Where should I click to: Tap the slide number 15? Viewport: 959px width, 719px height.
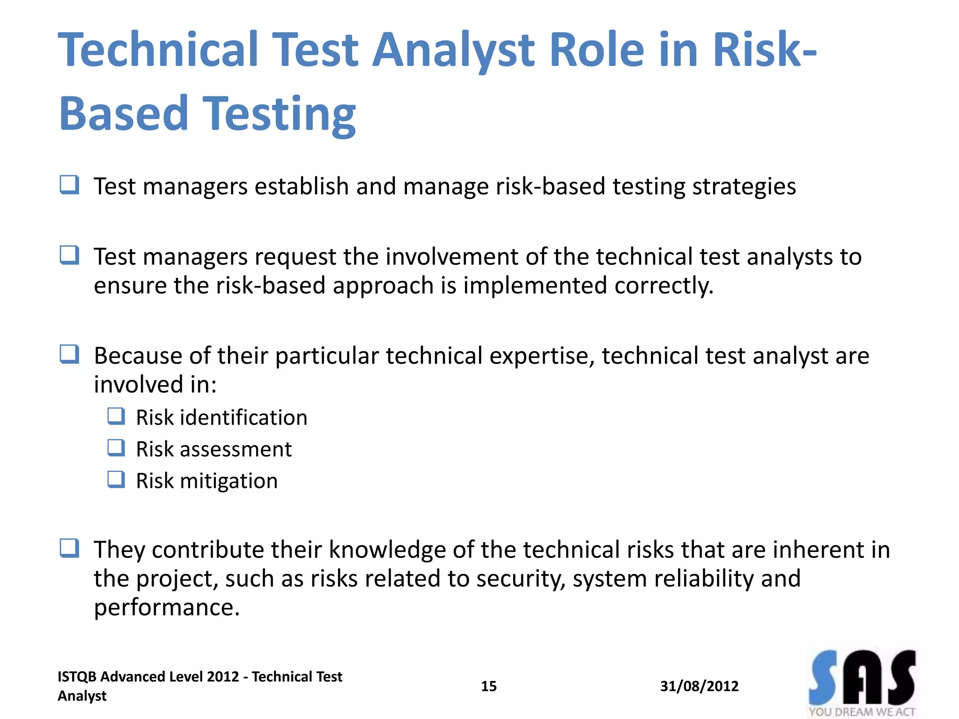(x=488, y=686)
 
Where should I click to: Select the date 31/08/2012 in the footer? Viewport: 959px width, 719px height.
(x=699, y=686)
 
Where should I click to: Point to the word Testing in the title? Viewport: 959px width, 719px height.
(x=279, y=114)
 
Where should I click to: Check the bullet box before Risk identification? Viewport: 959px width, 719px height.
(x=116, y=416)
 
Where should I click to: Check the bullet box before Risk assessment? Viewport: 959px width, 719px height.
(x=116, y=448)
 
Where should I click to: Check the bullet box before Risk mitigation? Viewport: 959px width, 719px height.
(x=116, y=480)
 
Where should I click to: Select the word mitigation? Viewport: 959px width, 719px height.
(x=229, y=481)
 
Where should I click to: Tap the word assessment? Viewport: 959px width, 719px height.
(x=236, y=449)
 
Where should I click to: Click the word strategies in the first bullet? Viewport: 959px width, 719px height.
(x=744, y=187)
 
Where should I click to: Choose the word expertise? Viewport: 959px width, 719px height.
(x=542, y=356)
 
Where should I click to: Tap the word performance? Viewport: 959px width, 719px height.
(x=167, y=608)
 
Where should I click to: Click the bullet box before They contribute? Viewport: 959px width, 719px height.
(x=69, y=548)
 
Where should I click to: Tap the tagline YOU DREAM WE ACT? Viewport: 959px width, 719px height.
(x=862, y=712)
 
